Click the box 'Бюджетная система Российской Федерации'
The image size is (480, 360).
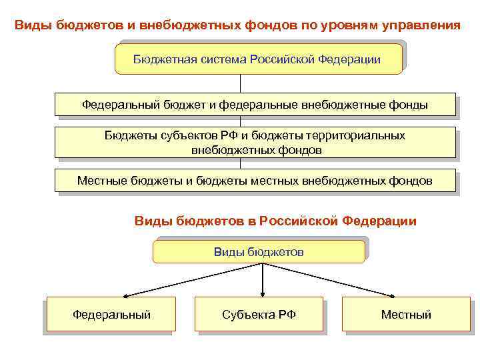point(259,59)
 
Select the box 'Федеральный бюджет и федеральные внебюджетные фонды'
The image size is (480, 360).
point(255,105)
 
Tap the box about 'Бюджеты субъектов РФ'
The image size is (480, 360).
point(255,143)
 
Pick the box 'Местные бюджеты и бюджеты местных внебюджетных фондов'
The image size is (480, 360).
point(255,181)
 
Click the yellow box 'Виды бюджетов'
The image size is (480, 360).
point(259,252)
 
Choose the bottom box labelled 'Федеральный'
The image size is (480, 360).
point(111,314)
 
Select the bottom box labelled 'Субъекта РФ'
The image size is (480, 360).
point(259,314)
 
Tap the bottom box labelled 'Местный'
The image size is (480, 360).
point(405,314)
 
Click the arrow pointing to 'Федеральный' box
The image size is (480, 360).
point(193,280)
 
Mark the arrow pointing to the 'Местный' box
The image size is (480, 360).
point(333,280)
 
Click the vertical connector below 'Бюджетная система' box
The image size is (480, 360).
point(240,83)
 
